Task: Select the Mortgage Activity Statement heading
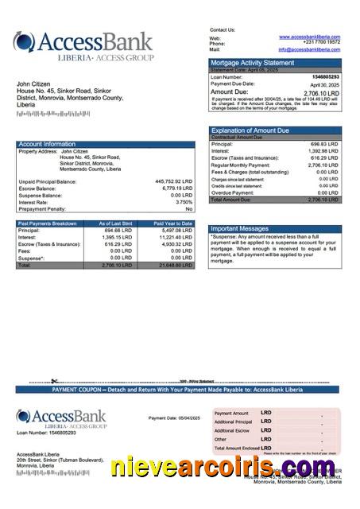point(251,62)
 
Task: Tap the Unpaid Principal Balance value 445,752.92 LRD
point(173,181)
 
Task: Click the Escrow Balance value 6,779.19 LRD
point(176,188)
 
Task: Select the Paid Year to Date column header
point(173,223)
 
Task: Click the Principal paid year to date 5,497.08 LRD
point(176,230)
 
